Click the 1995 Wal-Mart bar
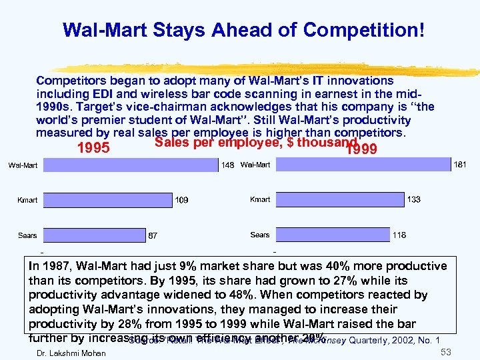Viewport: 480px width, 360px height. [132, 165]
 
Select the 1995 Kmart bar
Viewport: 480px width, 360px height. [109, 199]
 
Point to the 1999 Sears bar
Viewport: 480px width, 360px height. [332, 235]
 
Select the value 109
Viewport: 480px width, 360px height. [181, 200]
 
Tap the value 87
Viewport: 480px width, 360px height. [153, 236]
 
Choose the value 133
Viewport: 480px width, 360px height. [413, 199]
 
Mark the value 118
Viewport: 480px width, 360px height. [399, 235]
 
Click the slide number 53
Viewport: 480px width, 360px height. [447, 351]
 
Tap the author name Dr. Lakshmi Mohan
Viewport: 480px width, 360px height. [71, 353]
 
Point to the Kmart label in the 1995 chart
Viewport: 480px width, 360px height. [27, 199]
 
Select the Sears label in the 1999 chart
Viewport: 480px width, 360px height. [260, 235]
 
